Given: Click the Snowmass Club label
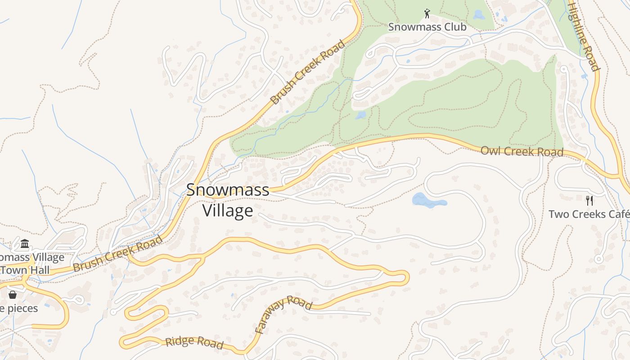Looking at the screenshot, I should click(x=427, y=27).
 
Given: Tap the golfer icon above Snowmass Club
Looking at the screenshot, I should click(x=427, y=13).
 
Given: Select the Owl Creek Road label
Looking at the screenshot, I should click(x=522, y=151).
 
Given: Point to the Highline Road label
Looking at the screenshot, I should click(x=583, y=36).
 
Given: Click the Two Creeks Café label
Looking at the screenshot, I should click(x=589, y=214).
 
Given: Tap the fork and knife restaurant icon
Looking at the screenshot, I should click(x=589, y=200).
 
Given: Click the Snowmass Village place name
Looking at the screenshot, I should click(x=228, y=200).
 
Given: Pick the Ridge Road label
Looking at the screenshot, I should click(x=194, y=342).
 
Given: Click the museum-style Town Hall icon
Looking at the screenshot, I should click(x=25, y=244).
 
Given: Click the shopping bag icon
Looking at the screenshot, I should click(x=13, y=295).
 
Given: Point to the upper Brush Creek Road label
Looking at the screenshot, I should click(x=308, y=72).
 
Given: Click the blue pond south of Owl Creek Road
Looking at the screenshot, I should click(x=428, y=201).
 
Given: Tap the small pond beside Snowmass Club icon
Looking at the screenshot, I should click(x=478, y=14).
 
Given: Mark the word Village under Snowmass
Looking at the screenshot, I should click(x=228, y=211).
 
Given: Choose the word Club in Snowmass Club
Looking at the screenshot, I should click(x=455, y=27).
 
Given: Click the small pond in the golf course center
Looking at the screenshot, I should click(x=360, y=116).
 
